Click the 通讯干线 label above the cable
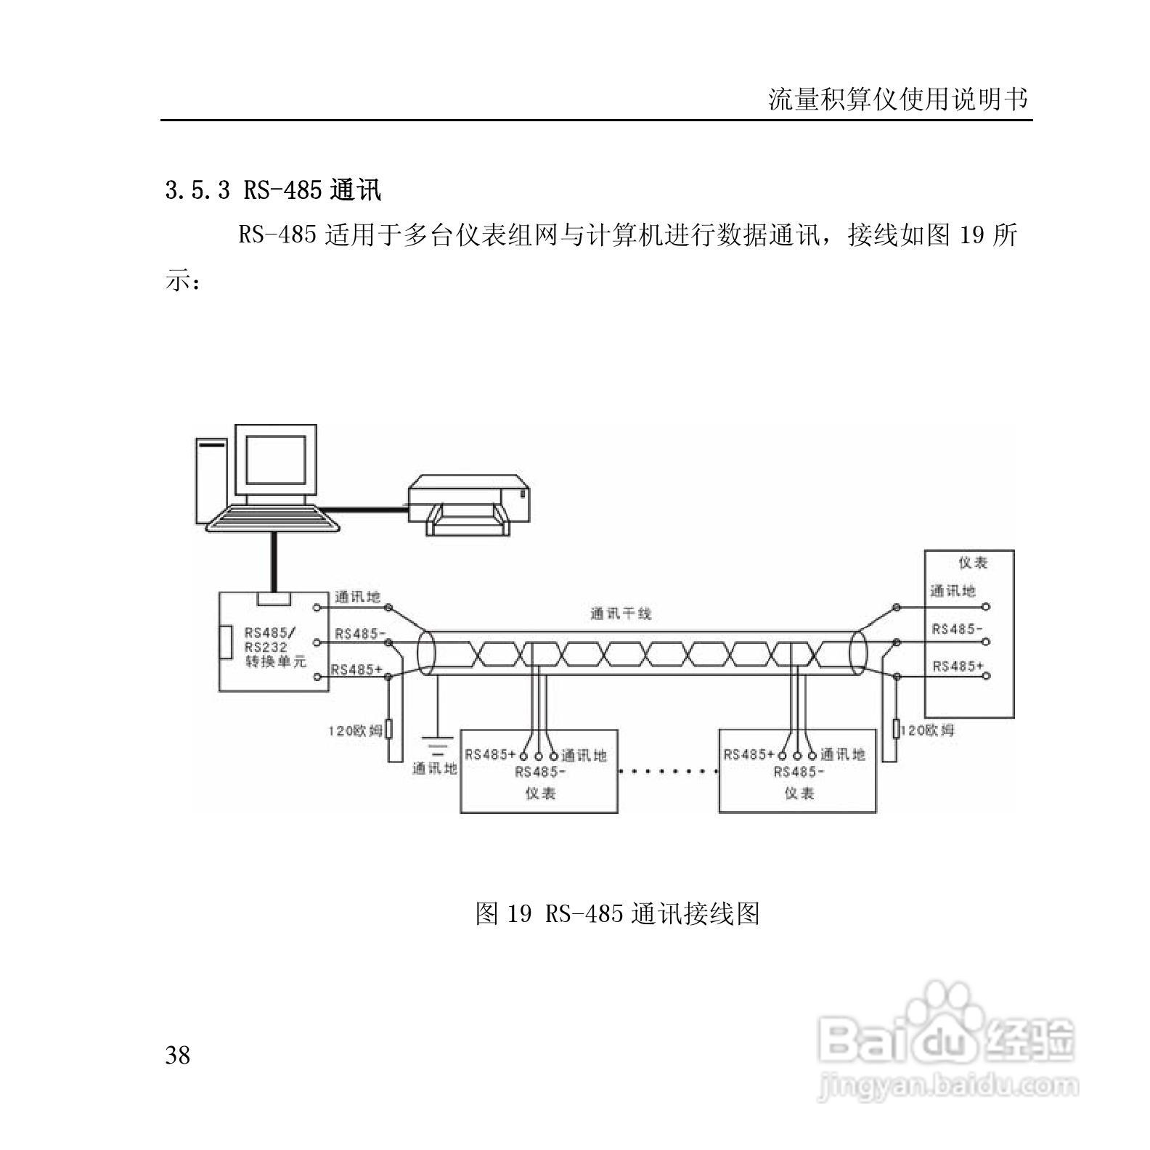(621, 613)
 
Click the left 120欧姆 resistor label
(355, 731)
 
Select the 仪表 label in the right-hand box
(973, 563)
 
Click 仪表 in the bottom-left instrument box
(540, 794)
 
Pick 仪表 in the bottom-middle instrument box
(799, 794)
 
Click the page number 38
(178, 1055)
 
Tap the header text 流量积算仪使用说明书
(899, 99)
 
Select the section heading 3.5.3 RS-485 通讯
(273, 191)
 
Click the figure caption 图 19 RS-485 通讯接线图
(617, 913)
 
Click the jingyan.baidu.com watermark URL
(947, 1087)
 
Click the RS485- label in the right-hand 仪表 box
(957, 629)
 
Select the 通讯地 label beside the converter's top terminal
(357, 598)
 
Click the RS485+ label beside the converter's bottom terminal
(356, 669)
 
